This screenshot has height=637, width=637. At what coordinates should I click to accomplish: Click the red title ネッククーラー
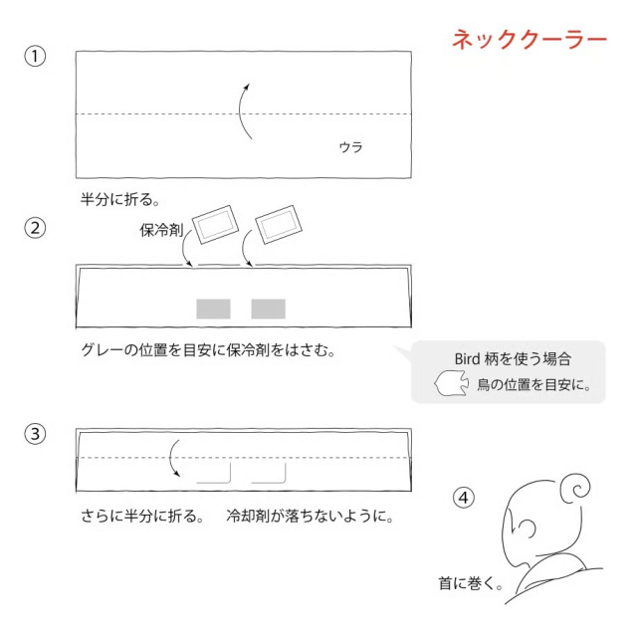[x=530, y=40]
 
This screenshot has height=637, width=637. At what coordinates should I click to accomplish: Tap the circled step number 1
[x=35, y=56]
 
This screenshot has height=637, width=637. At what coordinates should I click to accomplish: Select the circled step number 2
[x=35, y=228]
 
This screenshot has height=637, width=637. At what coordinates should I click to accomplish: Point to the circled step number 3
[x=35, y=434]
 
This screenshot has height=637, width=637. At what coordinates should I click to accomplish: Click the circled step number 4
[x=464, y=498]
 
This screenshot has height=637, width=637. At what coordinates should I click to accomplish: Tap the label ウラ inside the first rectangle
[x=350, y=147]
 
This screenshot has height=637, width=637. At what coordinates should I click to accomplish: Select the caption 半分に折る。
[x=119, y=199]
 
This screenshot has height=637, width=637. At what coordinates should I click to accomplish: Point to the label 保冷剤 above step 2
[x=161, y=230]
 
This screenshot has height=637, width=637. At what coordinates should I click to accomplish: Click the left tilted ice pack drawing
[x=215, y=224]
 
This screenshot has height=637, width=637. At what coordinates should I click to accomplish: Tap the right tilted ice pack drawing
[x=279, y=224]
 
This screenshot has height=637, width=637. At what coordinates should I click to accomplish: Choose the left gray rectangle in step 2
[x=213, y=309]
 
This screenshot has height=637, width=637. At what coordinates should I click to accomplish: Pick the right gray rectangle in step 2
[x=268, y=309]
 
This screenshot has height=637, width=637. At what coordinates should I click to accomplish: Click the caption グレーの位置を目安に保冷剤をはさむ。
[x=208, y=349]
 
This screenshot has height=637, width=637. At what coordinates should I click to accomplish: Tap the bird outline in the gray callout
[x=451, y=382]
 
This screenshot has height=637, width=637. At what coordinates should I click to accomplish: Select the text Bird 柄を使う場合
[x=513, y=359]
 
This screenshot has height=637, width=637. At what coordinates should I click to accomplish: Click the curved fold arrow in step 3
[x=170, y=457]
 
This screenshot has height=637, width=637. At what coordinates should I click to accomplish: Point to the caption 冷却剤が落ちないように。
[x=310, y=517]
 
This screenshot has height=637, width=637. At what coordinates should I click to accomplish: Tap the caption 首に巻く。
[x=471, y=583]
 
